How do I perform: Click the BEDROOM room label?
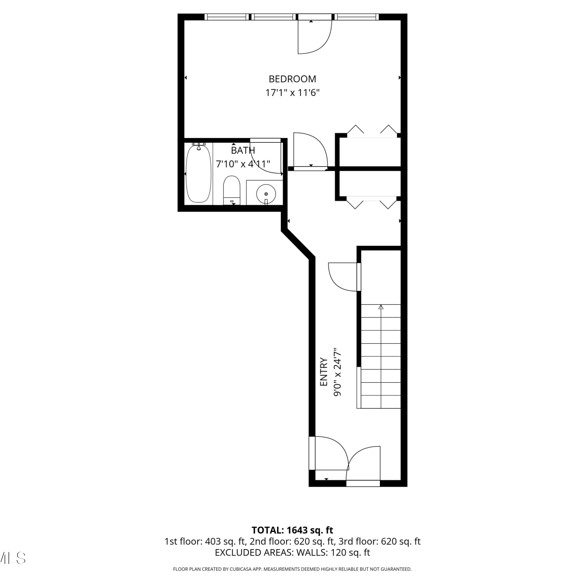click(292, 79)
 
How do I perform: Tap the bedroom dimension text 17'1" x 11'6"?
click(292, 93)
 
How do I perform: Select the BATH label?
click(243, 150)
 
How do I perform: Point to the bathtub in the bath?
click(199, 173)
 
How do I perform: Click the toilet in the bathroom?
click(232, 190)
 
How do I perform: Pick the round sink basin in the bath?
click(266, 193)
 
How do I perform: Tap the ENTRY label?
click(324, 372)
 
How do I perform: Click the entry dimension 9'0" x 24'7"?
click(338, 372)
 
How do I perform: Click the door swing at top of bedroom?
click(314, 37)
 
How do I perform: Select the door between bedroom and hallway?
click(310, 151)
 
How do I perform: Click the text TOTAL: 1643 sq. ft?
click(292, 530)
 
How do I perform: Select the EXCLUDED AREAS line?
click(292, 553)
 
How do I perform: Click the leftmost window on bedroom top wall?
click(227, 17)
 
